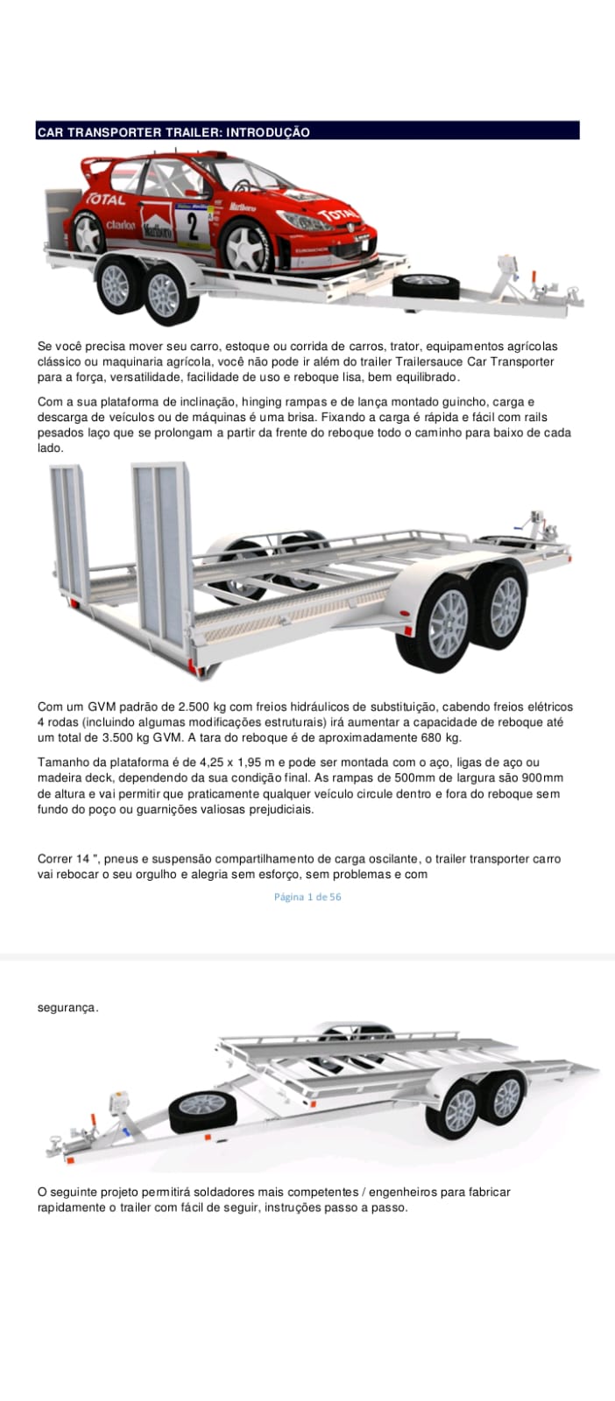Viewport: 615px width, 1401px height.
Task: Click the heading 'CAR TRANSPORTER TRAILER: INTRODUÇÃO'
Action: pos(173,132)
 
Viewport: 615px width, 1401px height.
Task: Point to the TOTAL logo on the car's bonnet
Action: pos(338,215)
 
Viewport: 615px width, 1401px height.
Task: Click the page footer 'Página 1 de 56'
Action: pos(307,897)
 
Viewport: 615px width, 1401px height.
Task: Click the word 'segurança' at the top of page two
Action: pos(67,1008)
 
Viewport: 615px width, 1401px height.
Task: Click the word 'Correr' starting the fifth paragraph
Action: pos(55,859)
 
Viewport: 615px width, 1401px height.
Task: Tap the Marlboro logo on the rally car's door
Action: pos(157,229)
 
